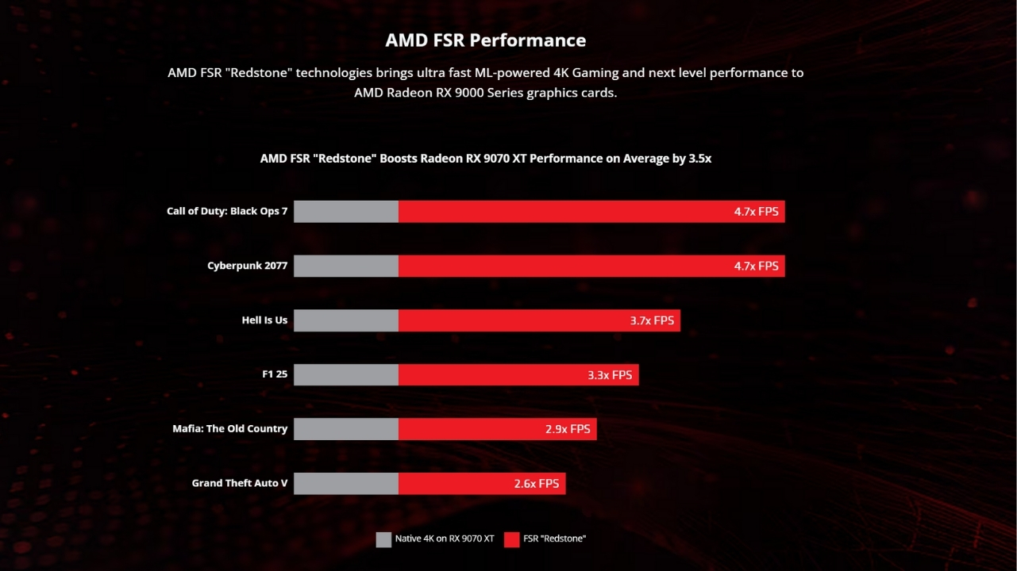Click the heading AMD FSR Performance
tap(485, 40)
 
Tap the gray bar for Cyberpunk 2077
tap(346, 266)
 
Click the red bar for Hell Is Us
tap(508, 320)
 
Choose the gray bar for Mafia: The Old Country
tap(346, 429)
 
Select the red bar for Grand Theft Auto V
tap(453, 484)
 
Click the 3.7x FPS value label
tap(651, 320)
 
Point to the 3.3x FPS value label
tap(610, 375)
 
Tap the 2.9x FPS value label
tap(568, 429)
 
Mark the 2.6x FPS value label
tap(537, 484)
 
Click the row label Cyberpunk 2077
tap(247, 266)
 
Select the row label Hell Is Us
tap(264, 320)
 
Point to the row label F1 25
tap(275, 374)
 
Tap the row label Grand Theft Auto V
tap(239, 483)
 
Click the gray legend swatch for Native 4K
tap(383, 539)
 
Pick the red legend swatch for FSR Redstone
tap(511, 539)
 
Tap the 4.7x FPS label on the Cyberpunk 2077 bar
tap(756, 266)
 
